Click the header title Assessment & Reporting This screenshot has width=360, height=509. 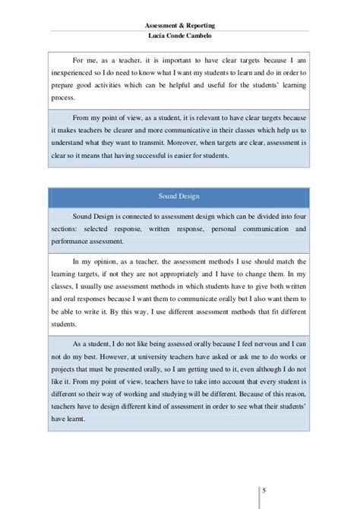click(180, 13)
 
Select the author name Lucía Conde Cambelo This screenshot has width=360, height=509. click(180, 24)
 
